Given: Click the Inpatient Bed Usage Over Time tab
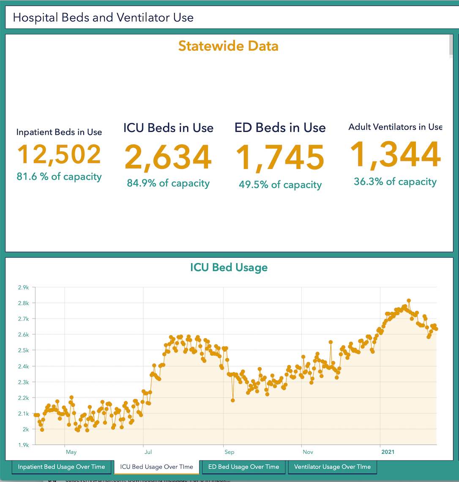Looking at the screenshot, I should pos(61,467).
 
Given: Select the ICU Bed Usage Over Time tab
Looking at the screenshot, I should pos(156,467).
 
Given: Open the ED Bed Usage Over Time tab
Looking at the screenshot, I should pos(243,467).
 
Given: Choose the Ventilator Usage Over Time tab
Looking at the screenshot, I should pos(332,467).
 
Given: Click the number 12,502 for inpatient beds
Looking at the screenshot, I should pos(59,155).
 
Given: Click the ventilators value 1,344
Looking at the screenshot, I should pos(395,155).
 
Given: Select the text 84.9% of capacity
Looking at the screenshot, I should pos(168,183).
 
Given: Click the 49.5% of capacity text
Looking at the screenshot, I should pos(280,185).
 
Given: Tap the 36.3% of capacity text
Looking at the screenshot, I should pos(395,182).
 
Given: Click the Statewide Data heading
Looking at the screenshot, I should pos(228,46).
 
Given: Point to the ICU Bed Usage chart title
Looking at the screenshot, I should pos(229,267).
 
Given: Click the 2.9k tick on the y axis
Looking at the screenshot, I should pos(23,288).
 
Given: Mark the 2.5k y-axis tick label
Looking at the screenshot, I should pos(23,351).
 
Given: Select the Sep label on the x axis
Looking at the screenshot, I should pos(229,452).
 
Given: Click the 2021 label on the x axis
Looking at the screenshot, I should pos(388,452).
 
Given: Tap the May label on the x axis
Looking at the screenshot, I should pos(71,452).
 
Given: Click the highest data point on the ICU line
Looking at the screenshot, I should pos(409,301).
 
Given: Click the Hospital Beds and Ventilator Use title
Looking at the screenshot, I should pos(103,17).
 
